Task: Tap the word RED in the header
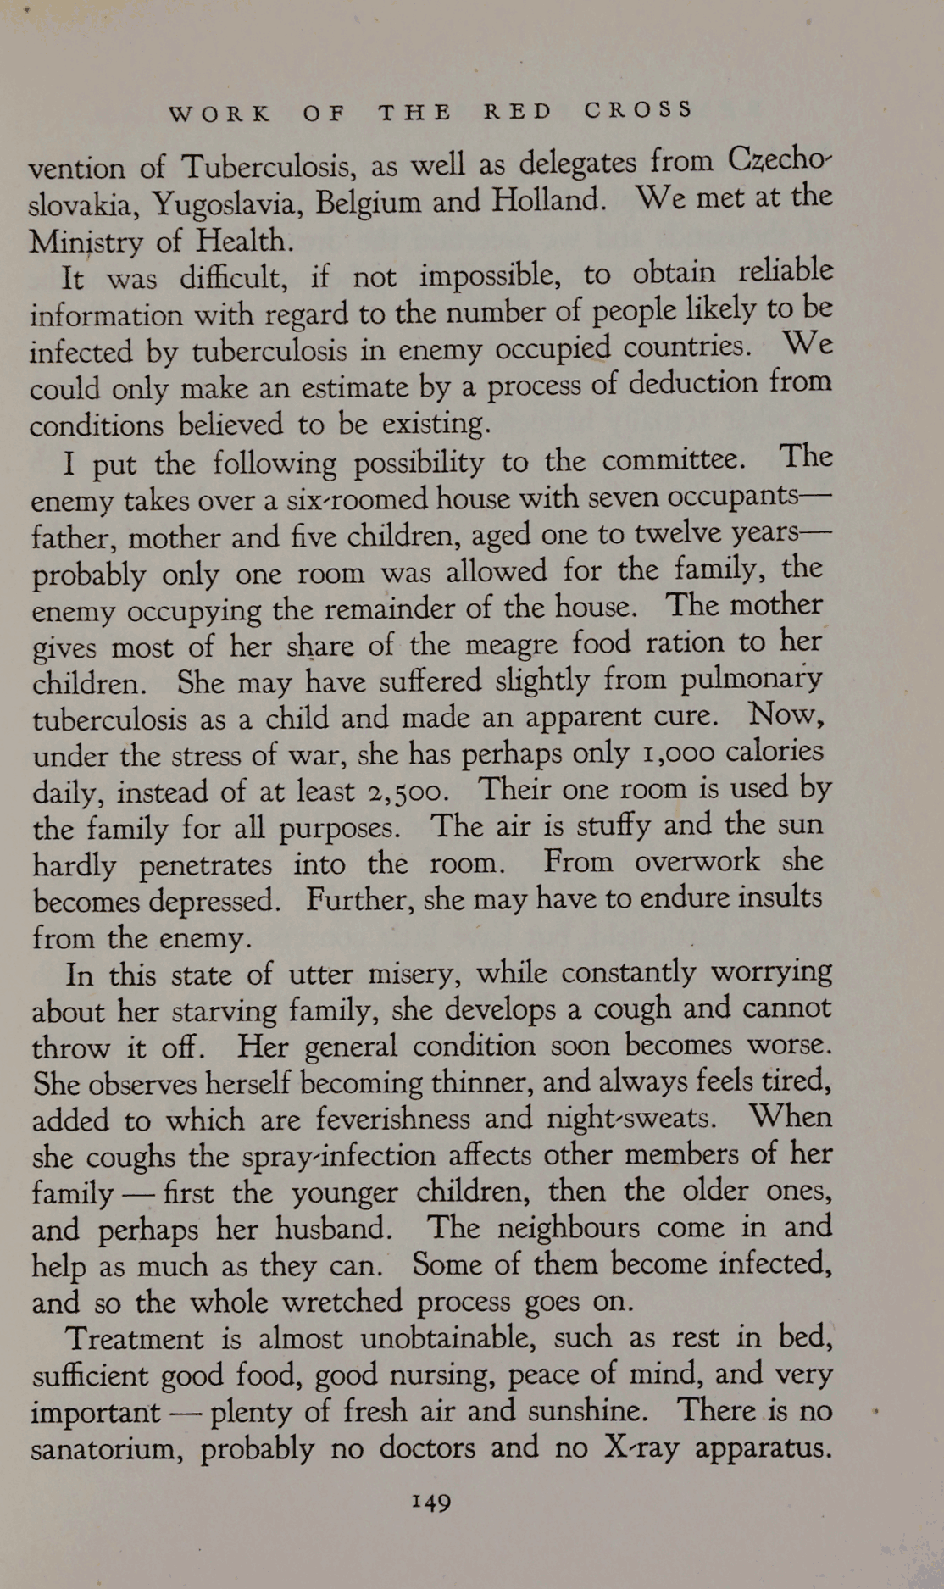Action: pyautogui.click(x=518, y=111)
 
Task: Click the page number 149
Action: pyautogui.click(x=431, y=1503)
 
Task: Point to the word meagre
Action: pyautogui.click(x=505, y=645)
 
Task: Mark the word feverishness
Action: pyautogui.click(x=392, y=1119)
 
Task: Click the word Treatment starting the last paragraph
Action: pyautogui.click(x=135, y=1340)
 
